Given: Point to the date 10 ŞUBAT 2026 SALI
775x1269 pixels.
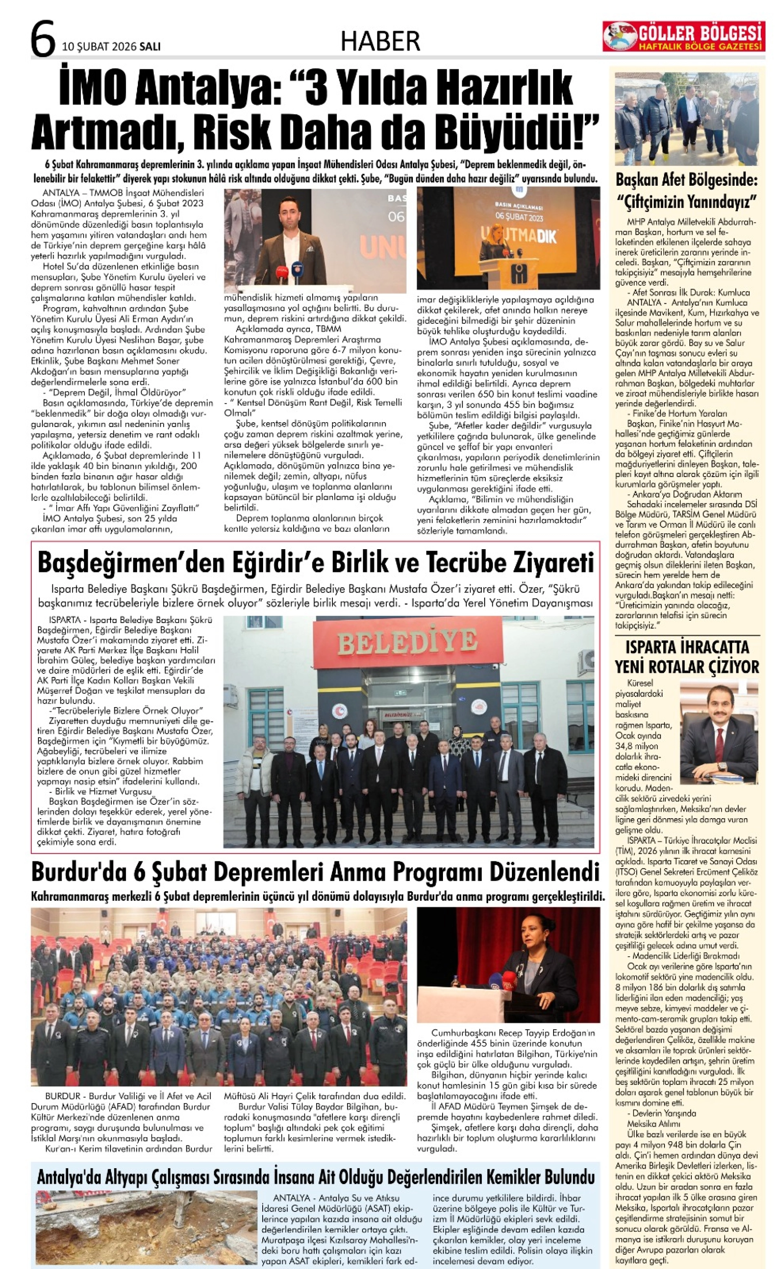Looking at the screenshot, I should (111, 47).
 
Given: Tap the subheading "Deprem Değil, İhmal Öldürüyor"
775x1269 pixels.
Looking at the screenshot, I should (117, 392).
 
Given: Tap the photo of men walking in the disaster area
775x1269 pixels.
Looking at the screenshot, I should (686, 119).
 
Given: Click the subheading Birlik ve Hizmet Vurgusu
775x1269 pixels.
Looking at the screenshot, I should (100, 792).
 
